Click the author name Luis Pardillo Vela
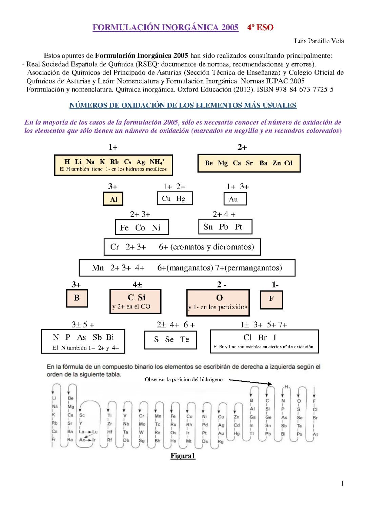coord(319,41)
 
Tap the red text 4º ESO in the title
coord(260,27)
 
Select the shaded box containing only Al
coord(113,199)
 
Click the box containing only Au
coord(235,199)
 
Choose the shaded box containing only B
coord(77,298)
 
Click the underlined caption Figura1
coord(183,456)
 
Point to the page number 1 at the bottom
coord(342,483)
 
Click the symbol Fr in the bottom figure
coord(54,439)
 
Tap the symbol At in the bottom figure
coord(315,434)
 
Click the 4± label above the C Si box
coord(137,285)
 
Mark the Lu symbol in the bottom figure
coord(95,432)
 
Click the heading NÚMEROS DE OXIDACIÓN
coord(183,105)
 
